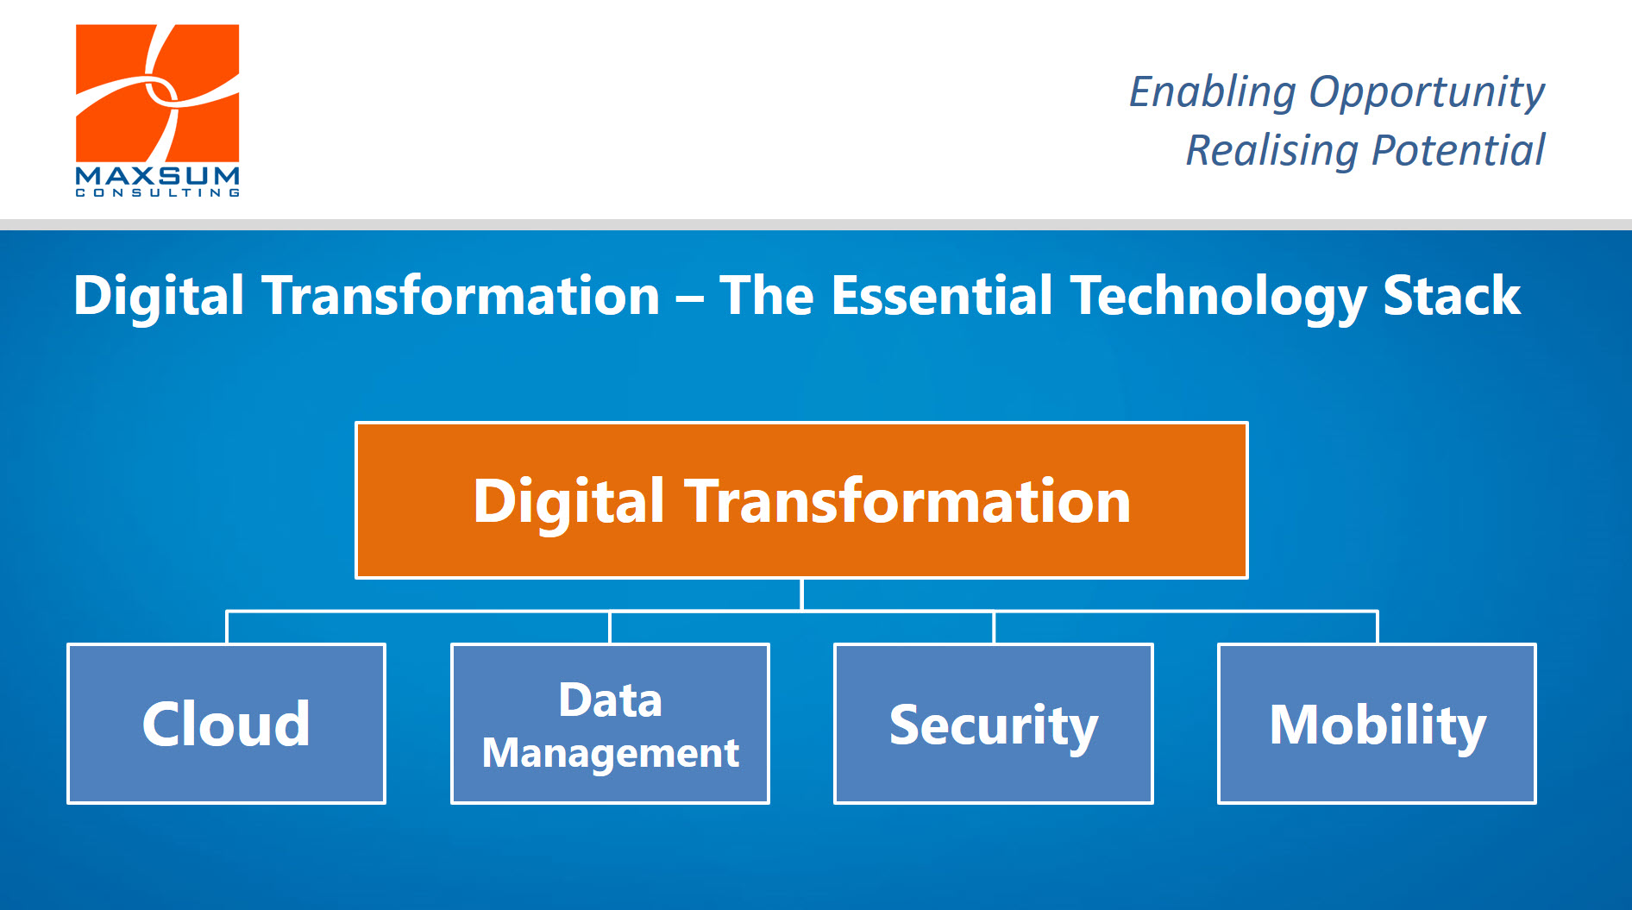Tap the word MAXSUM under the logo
[x=157, y=175]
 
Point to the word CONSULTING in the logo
[x=157, y=193]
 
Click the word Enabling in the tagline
[x=1212, y=92]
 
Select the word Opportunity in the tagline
[x=1426, y=92]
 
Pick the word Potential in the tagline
[x=1458, y=151]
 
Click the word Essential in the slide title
[x=942, y=296]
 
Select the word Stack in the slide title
[x=1452, y=296]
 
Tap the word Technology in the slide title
[x=1218, y=296]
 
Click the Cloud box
[x=226, y=723]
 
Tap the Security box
[x=993, y=723]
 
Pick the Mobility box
[x=1377, y=723]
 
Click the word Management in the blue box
[x=610, y=753]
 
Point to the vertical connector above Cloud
[x=227, y=627]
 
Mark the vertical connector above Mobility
[x=1378, y=627]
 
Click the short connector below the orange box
[x=802, y=594]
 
